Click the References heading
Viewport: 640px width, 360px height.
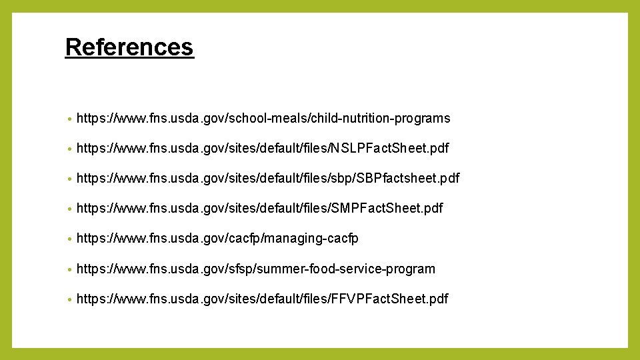point(129,47)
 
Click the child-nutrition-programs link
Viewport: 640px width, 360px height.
point(263,119)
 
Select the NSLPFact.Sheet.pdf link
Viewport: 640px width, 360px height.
point(263,148)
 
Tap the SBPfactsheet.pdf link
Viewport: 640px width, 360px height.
point(268,178)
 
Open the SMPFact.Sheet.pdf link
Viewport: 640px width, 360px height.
point(259,209)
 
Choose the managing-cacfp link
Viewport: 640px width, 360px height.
point(217,239)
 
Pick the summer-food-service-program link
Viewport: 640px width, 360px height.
point(256,269)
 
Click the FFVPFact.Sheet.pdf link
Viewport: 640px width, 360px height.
point(262,299)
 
